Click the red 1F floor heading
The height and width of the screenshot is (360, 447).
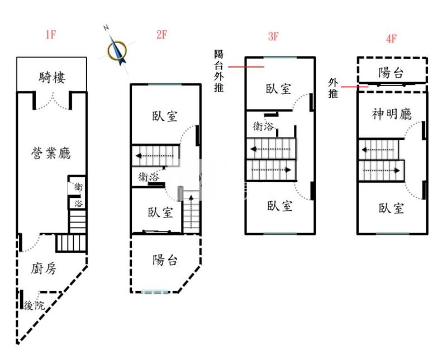51,35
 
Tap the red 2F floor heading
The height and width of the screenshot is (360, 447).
161,35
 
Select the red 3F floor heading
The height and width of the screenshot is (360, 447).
273,37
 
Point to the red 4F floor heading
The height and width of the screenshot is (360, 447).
391,39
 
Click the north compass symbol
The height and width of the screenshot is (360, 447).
117,48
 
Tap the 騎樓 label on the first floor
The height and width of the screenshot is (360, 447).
53,77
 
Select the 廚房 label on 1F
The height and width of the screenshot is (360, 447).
43,269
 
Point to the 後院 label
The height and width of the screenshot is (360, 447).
34,305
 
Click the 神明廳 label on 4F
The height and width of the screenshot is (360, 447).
392,115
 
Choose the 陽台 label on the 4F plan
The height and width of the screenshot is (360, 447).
392,73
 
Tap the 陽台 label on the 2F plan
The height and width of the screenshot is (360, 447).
165,260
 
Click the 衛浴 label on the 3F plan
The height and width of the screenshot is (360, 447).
264,126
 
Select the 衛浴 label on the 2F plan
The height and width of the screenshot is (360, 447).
148,177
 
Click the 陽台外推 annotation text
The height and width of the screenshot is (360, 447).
219,71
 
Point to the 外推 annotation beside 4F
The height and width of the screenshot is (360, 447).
334,88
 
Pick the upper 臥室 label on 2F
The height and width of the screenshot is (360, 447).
165,116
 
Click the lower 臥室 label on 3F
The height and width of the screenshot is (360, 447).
280,206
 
